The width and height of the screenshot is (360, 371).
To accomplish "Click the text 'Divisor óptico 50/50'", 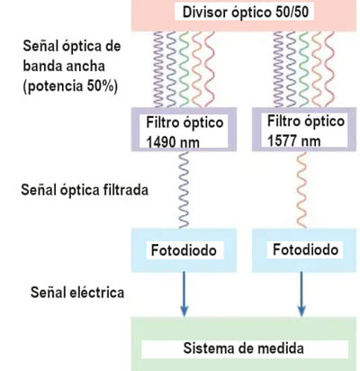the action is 246,13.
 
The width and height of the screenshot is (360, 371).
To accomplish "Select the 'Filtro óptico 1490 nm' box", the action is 184,130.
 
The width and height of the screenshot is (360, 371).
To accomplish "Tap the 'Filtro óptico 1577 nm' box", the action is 304,130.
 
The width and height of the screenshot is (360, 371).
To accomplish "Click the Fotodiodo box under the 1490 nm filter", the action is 184,250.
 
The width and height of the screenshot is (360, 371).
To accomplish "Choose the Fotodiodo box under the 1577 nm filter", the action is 304,250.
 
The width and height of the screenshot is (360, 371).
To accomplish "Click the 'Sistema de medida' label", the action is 244,348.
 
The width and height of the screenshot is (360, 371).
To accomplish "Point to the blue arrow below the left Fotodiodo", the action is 184,294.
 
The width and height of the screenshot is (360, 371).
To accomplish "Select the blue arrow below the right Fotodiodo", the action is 301,294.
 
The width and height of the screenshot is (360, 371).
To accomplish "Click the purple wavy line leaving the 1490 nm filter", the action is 184,190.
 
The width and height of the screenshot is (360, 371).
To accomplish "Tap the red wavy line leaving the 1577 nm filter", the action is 301,190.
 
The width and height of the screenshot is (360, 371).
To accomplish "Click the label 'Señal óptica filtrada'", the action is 85,190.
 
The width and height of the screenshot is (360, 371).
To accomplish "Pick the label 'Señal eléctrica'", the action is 77,292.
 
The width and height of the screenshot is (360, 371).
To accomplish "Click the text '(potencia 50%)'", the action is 70,86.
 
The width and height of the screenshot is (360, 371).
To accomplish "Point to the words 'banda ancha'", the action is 64,66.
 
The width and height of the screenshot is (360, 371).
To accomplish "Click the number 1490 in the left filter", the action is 160,142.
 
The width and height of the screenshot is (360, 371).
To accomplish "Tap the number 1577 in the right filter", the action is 282,140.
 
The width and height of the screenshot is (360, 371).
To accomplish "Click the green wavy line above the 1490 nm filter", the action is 184,69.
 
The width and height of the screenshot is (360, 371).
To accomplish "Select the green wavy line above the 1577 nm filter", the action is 304,69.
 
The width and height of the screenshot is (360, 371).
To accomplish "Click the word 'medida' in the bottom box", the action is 281,348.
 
